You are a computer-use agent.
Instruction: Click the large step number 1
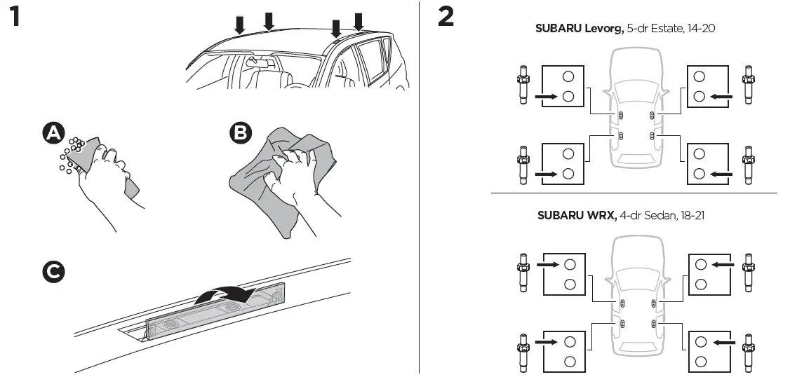19,18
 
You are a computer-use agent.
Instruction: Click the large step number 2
446,18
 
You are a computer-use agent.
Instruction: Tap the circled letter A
53,133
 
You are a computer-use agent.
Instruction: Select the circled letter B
240,133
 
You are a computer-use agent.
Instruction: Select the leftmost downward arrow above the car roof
240,25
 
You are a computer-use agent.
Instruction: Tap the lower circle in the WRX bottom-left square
569,362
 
